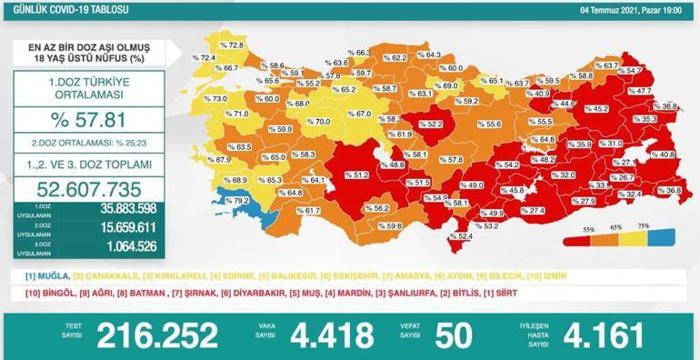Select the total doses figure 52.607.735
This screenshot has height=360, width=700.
[x=88, y=189]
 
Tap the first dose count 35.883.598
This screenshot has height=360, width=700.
[x=122, y=209]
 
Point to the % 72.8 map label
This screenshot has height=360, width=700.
[x=232, y=45]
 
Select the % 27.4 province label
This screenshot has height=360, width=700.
[x=532, y=211]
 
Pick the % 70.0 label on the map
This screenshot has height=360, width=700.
[x=318, y=122]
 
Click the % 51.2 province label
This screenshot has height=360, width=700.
[x=355, y=175]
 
